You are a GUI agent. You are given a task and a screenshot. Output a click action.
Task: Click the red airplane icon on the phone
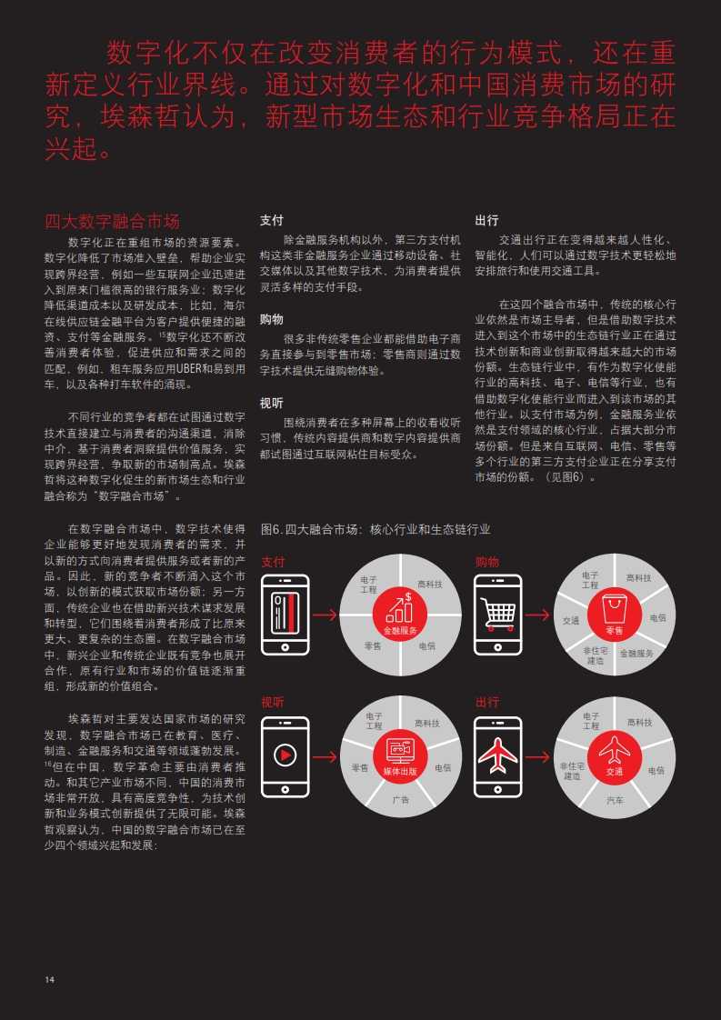tap(498, 755)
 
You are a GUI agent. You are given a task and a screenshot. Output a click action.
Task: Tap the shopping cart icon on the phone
tap(498, 614)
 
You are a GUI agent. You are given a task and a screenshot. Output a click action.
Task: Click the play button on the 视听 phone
tap(285, 755)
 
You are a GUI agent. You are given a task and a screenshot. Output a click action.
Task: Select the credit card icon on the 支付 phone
tap(285, 614)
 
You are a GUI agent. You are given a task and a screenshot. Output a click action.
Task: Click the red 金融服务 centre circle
tap(400, 615)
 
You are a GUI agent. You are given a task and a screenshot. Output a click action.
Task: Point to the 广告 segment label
tap(400, 799)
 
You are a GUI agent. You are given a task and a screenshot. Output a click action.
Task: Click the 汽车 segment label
tap(615, 799)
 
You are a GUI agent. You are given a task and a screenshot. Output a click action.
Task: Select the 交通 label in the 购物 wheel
tap(571, 621)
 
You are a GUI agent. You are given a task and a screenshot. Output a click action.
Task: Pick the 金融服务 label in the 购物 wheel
tap(636, 653)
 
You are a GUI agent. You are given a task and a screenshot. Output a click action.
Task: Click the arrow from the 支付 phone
tap(326, 614)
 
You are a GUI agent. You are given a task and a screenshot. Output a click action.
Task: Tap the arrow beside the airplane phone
tap(537, 757)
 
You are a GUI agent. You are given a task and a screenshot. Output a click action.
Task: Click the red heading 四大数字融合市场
tap(112, 221)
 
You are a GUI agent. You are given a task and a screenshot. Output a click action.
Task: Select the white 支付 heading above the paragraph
tap(271, 221)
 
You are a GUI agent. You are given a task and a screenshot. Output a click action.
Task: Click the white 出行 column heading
tap(486, 221)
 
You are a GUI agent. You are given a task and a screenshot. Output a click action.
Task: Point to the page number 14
tap(49, 980)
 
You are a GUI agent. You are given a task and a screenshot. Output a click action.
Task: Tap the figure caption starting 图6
tap(376, 529)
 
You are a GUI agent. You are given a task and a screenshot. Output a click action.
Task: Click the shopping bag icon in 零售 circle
tap(614, 609)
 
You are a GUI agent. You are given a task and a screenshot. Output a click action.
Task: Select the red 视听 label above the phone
tap(273, 703)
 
